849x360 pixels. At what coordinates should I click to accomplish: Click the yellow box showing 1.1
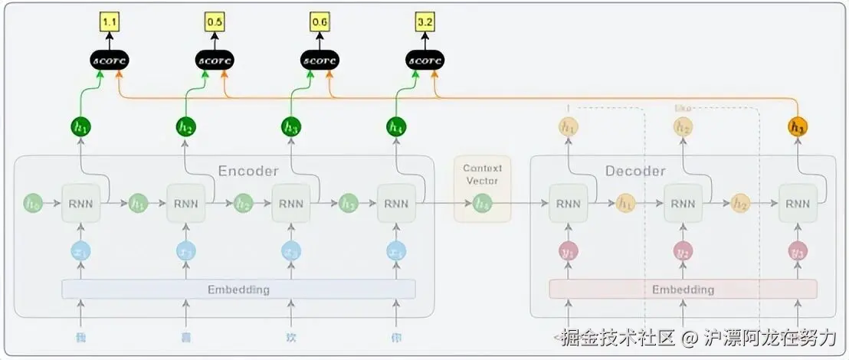coord(110,22)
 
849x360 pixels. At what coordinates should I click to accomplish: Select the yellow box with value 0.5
coord(215,22)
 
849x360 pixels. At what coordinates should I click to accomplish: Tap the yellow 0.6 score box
coord(320,22)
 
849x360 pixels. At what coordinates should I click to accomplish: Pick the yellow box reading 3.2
coord(425,22)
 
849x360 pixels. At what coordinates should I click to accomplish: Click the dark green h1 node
coord(80,126)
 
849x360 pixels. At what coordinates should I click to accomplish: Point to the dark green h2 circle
coord(185,126)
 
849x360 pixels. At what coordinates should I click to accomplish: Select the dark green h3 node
coord(291,126)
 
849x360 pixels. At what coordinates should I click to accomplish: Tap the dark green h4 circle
coord(396,126)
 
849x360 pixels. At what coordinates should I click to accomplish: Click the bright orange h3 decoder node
coord(798,127)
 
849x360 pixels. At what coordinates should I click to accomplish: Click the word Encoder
coord(248,171)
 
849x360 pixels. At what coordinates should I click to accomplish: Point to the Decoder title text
coord(635,171)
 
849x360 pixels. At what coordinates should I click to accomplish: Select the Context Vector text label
coord(482,175)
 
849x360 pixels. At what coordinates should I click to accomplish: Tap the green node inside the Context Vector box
coord(482,204)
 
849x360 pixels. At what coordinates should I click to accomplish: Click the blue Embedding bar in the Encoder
coord(238,290)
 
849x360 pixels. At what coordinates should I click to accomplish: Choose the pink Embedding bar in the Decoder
coord(683,290)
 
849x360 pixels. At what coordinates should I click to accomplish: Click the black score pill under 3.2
coord(425,60)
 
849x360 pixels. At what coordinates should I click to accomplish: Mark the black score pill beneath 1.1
coord(110,60)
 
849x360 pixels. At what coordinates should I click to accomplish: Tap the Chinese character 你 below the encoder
coord(396,338)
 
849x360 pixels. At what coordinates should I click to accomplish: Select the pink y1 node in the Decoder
coord(568,251)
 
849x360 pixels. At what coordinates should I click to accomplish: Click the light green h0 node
coord(33,204)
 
